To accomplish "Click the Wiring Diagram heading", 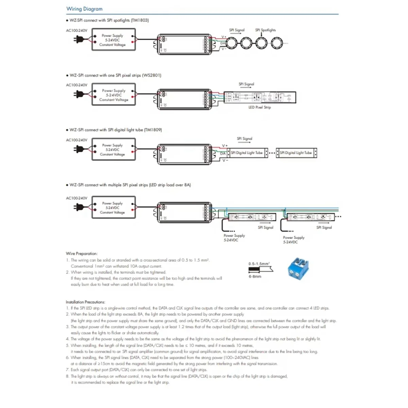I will (84, 9).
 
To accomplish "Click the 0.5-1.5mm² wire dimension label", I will (259, 263).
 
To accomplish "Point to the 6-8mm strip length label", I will (255, 276).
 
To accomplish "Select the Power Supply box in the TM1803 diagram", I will (114, 40).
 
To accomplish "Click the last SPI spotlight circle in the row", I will (276, 43).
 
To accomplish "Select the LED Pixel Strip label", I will (259, 107).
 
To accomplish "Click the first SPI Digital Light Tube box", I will (247, 153).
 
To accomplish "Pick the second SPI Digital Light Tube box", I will (296, 153).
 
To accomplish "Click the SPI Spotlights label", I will (266, 30).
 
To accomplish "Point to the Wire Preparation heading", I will (82, 253).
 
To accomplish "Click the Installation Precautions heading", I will (85, 302).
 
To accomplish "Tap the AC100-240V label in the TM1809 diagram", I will (76, 140).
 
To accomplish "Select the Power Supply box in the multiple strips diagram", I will (114, 207).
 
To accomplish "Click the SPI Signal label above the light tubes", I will (244, 139).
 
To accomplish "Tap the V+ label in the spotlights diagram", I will (224, 37).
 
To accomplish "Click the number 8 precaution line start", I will (68, 376).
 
